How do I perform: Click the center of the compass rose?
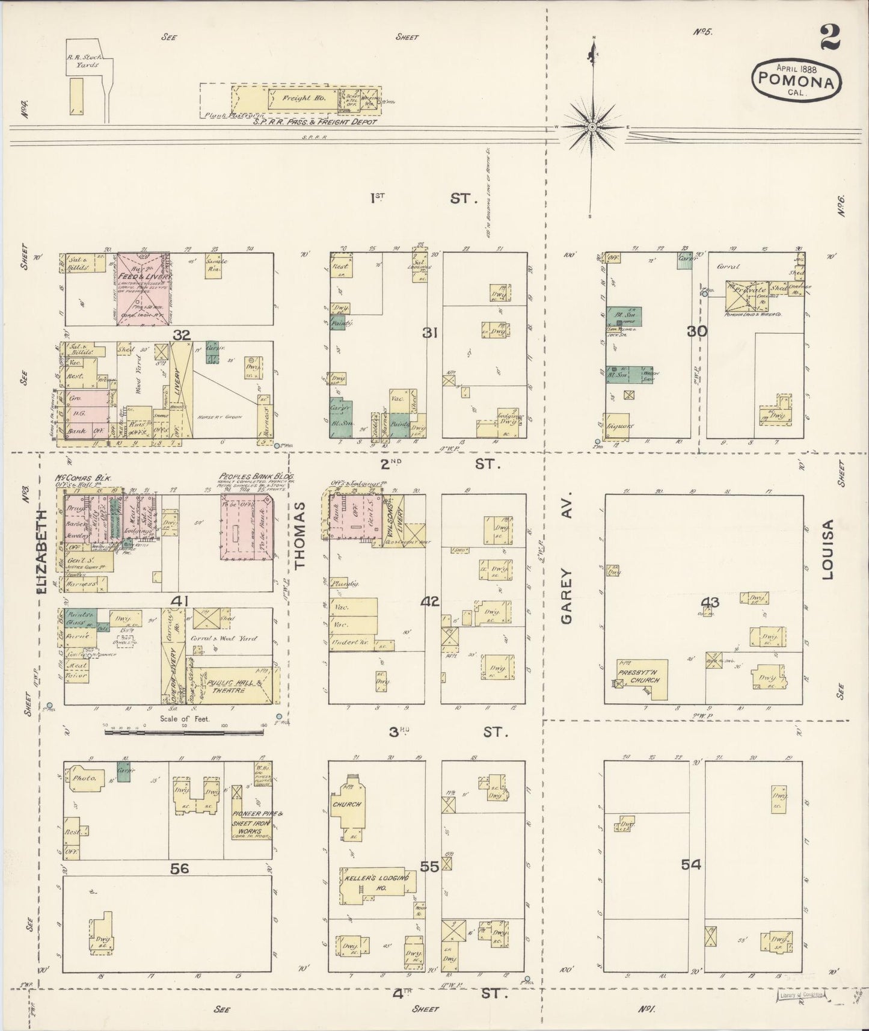click(x=593, y=127)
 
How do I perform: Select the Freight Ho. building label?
click(x=306, y=97)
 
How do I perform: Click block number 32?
click(x=182, y=334)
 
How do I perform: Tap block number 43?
click(x=710, y=602)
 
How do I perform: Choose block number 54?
click(x=691, y=864)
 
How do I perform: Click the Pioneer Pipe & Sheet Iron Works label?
click(x=250, y=822)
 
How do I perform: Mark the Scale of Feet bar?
click(x=184, y=731)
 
